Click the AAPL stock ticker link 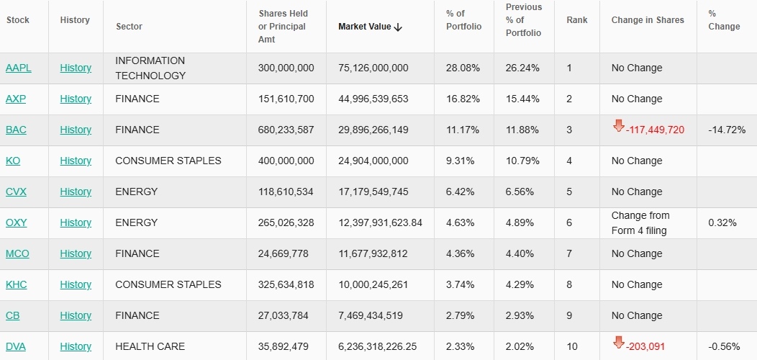tap(19, 68)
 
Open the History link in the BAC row tap(76, 130)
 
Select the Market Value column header tap(366, 27)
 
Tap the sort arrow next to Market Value tap(399, 27)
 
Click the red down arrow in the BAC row tap(618, 127)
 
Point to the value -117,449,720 tap(655, 130)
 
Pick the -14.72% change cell tap(723, 130)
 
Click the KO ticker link tap(13, 161)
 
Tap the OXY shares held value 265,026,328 tap(286, 222)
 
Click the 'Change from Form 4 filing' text tap(640, 223)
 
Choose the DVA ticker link tap(16, 346)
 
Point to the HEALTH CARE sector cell tap(150, 346)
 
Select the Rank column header tap(576, 20)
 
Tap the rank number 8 tap(569, 284)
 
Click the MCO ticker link tap(17, 253)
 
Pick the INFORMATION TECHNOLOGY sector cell tap(150, 68)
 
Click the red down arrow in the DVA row tap(618, 343)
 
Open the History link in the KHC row tap(76, 284)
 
